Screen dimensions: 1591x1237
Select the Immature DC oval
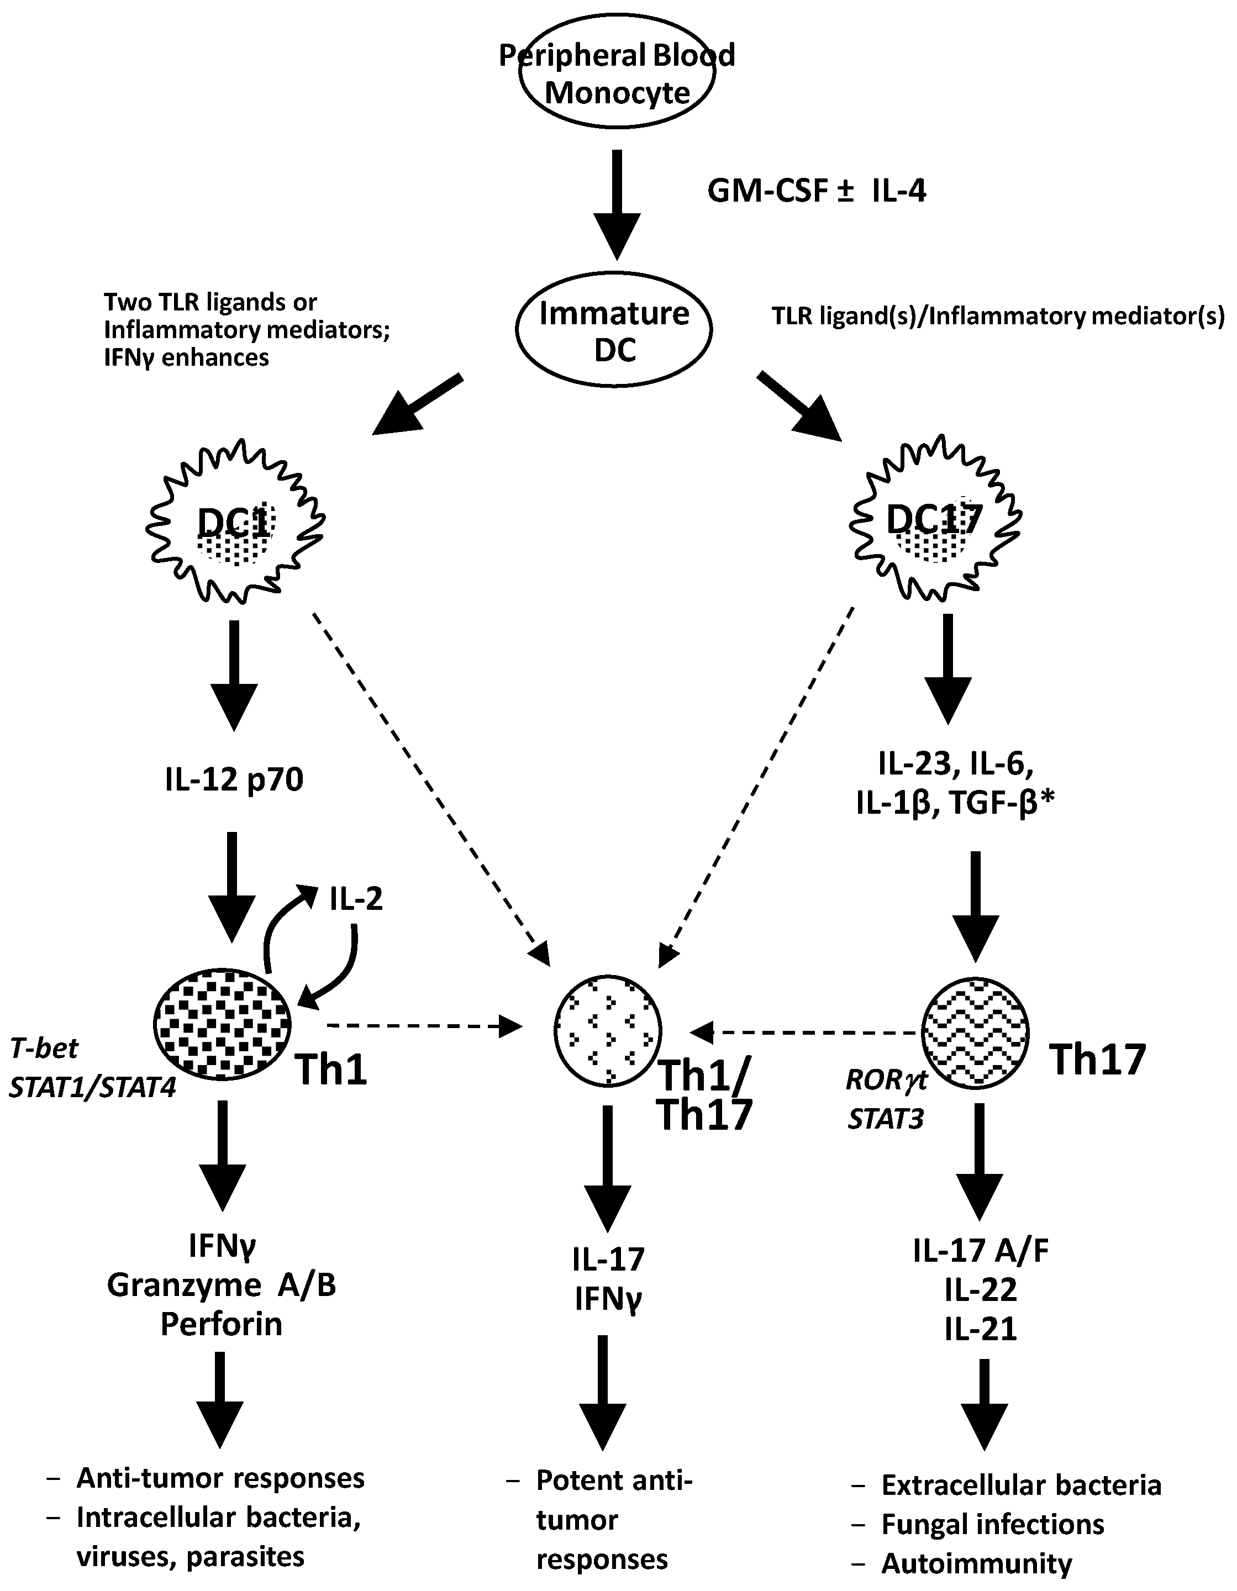click(614, 331)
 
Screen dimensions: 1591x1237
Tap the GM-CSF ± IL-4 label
click(817, 192)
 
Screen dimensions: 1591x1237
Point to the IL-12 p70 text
click(234, 780)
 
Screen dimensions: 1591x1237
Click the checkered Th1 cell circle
click(222, 1024)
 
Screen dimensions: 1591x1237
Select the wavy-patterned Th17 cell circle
click(976, 1031)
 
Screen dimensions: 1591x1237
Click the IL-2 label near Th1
click(355, 900)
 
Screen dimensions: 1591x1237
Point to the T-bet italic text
click(44, 1049)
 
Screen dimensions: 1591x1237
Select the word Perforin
click(222, 1324)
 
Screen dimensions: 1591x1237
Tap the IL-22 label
click(981, 1290)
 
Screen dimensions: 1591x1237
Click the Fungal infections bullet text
click(992, 1524)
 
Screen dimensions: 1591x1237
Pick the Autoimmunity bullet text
click(976, 1563)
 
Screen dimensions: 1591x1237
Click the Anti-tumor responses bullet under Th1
click(220, 1478)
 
